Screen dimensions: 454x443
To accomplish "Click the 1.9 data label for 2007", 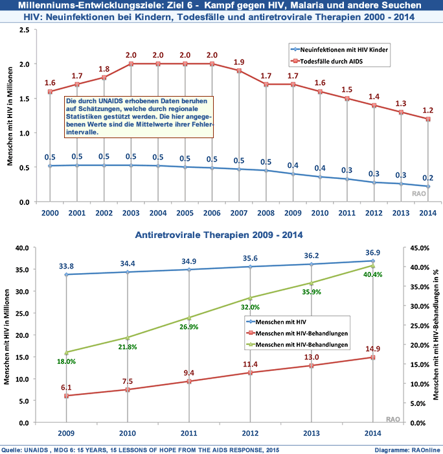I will pyautogui.click(x=238, y=61).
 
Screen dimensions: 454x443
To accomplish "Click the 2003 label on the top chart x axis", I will pyautogui.click(x=131, y=213).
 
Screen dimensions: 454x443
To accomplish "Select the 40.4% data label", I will pyautogui.click(x=372, y=274).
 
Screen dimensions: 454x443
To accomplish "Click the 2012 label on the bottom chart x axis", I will pyautogui.click(x=250, y=434).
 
